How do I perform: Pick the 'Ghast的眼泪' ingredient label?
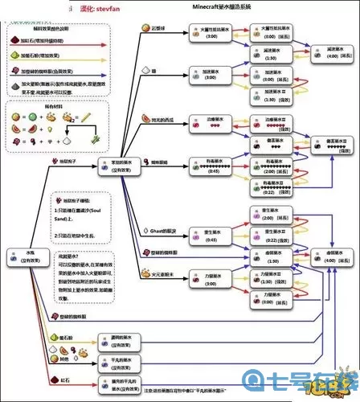point(160,230)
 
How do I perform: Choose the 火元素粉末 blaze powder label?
point(161,274)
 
